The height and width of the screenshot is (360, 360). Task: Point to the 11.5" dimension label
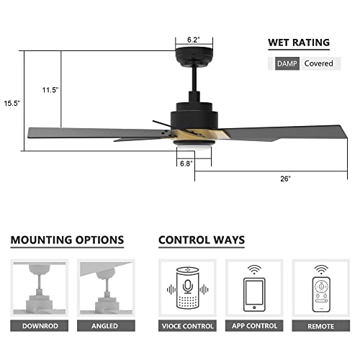click(x=49, y=90)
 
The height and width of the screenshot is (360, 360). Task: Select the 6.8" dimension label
click(x=186, y=163)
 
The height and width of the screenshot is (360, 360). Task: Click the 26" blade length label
click(x=286, y=178)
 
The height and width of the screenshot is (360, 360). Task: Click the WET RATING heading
click(x=299, y=42)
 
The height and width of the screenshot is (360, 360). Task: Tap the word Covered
click(x=318, y=63)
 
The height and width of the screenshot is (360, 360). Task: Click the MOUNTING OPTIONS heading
click(x=68, y=240)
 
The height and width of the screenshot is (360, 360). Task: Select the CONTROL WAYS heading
click(x=202, y=240)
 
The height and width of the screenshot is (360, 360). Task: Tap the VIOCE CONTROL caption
click(x=186, y=326)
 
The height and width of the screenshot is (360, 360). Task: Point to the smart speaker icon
click(x=186, y=288)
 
